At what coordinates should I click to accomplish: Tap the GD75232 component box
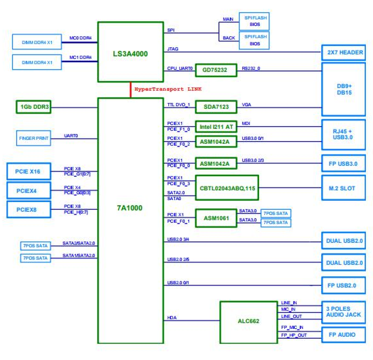[216, 70]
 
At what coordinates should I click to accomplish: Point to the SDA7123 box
[216, 107]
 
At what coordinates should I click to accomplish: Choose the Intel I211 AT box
[216, 127]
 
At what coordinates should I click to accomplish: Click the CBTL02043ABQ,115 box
[227, 188]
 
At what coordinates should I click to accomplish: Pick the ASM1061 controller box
[216, 218]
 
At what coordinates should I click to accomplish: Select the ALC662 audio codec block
[248, 321]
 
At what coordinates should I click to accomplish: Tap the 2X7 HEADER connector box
[344, 52]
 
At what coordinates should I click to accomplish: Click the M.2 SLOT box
[343, 188]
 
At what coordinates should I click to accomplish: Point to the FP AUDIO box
[343, 335]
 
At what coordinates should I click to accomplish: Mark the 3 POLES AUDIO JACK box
[343, 312]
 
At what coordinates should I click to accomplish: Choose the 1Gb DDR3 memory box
[34, 107]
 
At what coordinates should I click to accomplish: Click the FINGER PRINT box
[34, 138]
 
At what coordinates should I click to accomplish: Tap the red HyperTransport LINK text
[168, 89]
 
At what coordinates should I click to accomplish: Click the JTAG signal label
[173, 49]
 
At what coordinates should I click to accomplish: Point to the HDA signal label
[172, 318]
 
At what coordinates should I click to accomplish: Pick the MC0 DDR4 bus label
[80, 38]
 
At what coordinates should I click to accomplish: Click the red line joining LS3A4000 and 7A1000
[130, 90]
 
